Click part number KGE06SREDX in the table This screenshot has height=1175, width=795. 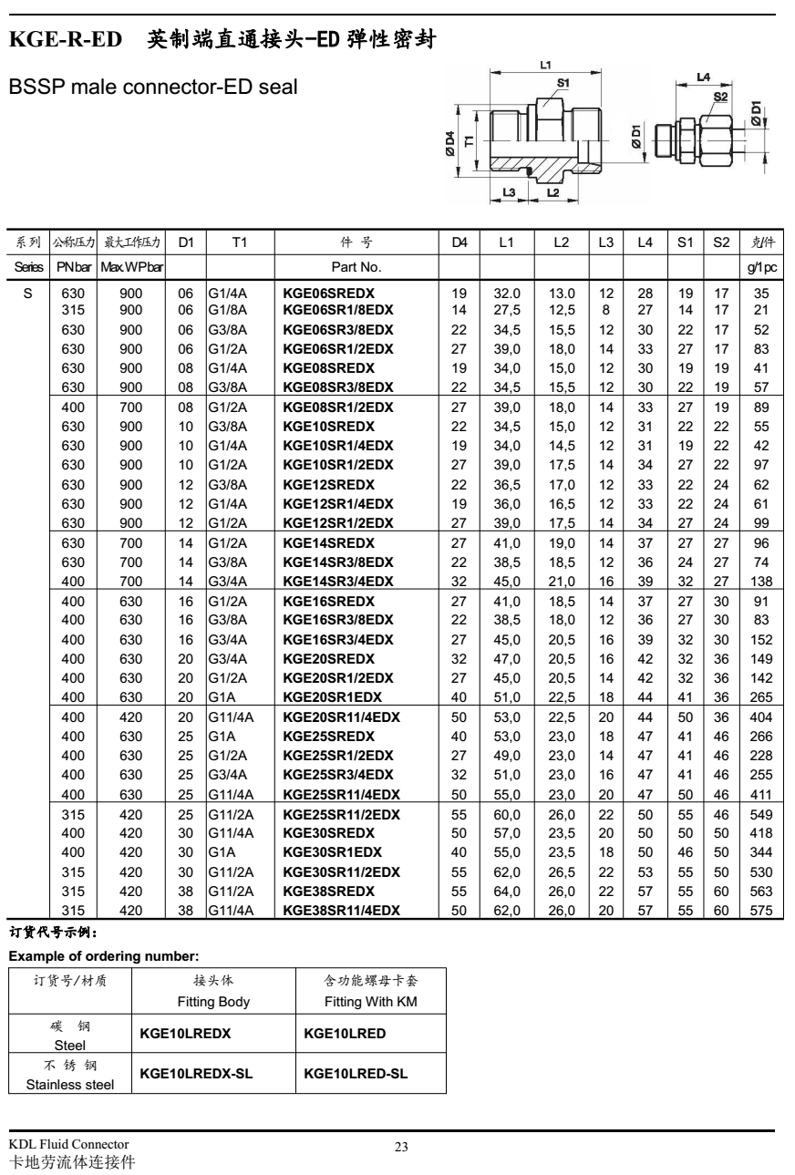point(328,294)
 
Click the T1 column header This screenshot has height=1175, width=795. point(239,242)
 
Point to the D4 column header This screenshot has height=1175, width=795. point(459,242)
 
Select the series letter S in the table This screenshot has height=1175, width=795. point(26,294)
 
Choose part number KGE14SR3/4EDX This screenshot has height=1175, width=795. point(337,581)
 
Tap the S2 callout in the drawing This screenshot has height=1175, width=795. point(720,96)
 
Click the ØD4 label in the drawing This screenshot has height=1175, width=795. point(450,145)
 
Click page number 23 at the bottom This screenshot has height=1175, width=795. point(401,1147)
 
